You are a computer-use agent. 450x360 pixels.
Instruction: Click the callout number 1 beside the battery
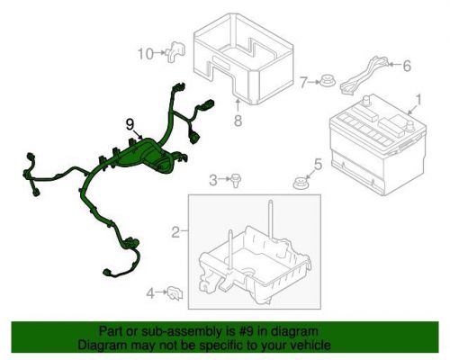(418, 100)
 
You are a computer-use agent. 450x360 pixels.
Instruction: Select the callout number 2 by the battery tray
(175, 232)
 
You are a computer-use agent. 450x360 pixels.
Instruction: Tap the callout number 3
(213, 180)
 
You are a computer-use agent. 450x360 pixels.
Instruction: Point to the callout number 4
(150, 293)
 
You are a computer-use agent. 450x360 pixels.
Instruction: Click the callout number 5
(318, 164)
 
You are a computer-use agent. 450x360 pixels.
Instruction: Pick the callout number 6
(407, 66)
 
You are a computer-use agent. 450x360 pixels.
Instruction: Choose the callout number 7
(303, 82)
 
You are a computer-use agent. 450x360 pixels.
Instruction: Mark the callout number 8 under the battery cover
(238, 121)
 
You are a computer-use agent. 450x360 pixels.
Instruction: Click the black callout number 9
(130, 124)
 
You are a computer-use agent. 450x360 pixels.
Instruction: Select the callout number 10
(146, 54)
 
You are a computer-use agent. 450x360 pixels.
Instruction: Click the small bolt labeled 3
(237, 181)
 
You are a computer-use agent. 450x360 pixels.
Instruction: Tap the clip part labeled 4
(175, 292)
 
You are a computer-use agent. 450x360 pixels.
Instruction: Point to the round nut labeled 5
(301, 184)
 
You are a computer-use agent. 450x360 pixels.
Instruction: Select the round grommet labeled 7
(327, 81)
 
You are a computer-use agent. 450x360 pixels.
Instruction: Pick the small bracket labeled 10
(175, 52)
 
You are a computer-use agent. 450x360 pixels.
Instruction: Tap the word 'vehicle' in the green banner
(311, 345)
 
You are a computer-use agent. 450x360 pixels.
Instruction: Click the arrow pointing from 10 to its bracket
(160, 53)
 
